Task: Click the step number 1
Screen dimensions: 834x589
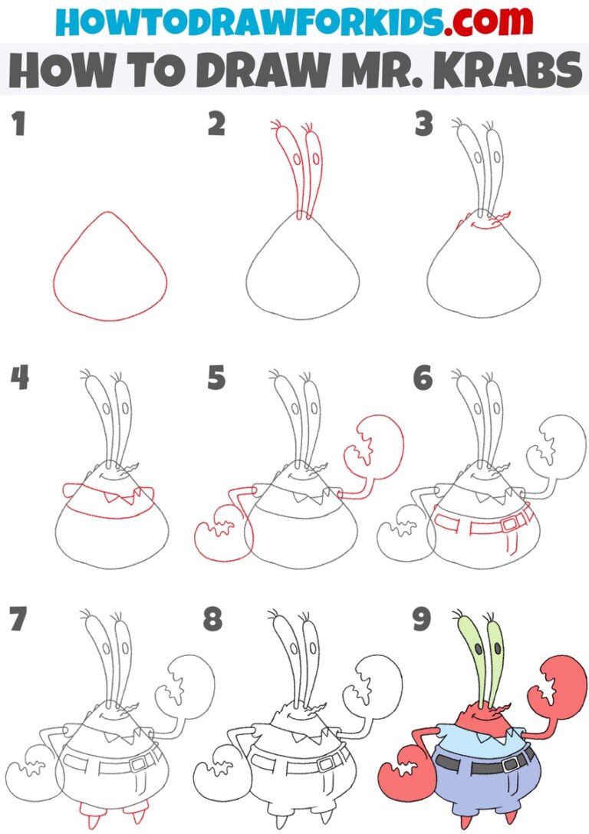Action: tap(18, 123)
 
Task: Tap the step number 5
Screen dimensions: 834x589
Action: tap(216, 377)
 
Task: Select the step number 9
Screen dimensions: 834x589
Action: tap(421, 619)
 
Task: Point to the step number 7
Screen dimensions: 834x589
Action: tap(18, 619)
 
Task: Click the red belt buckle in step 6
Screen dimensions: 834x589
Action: tap(507, 524)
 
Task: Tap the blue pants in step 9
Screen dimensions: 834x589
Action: tap(479, 783)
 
